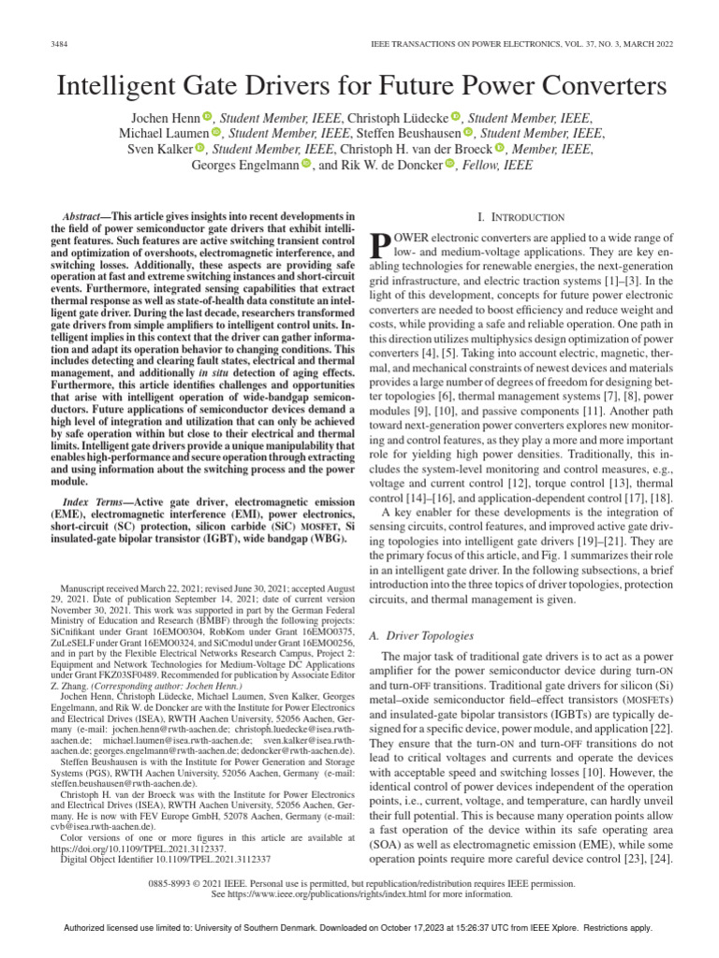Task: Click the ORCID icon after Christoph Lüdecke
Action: (456, 117)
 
